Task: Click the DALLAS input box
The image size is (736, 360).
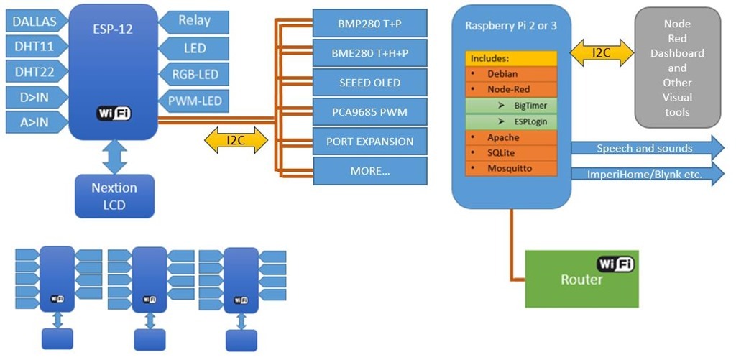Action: pos(34,22)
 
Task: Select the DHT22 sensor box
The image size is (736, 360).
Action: pos(34,71)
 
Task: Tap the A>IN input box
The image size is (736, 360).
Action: pos(34,121)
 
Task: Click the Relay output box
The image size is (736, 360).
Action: pos(195,22)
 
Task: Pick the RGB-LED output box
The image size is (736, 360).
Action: pos(195,74)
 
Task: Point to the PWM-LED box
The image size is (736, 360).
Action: pos(195,101)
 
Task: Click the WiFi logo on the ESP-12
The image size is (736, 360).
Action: pos(114,114)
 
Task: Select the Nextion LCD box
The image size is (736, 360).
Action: pos(114,195)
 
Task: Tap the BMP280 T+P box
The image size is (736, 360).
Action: pos(370,24)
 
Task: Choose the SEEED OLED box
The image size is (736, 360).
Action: pos(370,83)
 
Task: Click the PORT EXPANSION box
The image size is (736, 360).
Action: pos(370,142)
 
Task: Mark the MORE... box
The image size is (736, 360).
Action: pos(370,171)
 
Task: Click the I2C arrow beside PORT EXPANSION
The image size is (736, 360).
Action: pos(235,141)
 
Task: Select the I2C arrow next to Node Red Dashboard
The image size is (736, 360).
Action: pos(602,52)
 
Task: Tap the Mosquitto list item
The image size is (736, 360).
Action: pos(511,169)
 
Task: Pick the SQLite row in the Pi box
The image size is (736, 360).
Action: pos(511,153)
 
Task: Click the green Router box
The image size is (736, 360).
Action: pos(581,279)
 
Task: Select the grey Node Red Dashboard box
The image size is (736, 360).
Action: pos(677,68)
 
